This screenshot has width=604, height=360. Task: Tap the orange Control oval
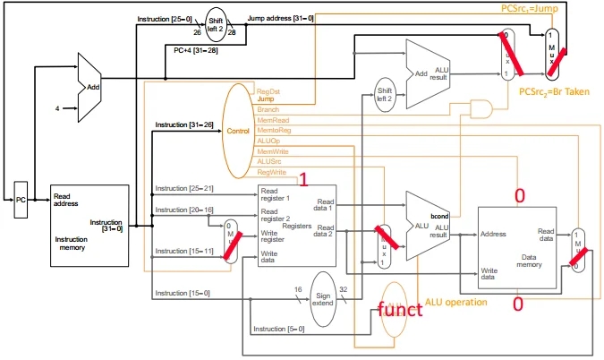coord(238,131)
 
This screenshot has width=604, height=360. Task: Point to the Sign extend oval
coord(322,297)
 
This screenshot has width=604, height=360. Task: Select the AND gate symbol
coord(482,107)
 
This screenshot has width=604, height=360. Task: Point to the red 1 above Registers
coord(304,179)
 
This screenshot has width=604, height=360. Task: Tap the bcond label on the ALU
coord(440,218)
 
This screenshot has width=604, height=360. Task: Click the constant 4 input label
coord(57,108)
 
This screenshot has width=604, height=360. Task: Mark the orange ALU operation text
coord(456,303)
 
